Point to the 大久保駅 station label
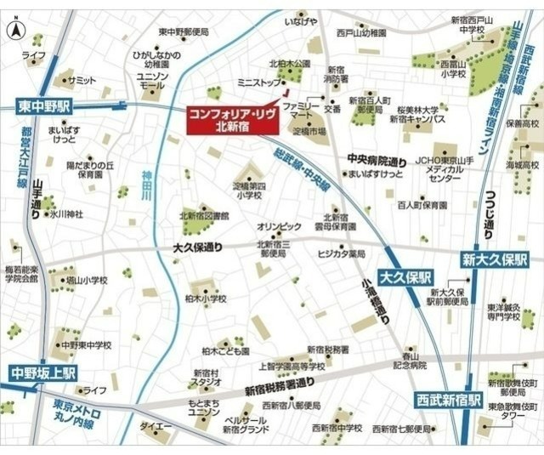(x=406, y=278)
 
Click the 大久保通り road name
(x=196, y=248)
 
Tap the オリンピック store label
(x=280, y=226)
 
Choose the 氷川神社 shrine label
(x=64, y=213)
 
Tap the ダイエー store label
(x=157, y=424)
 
